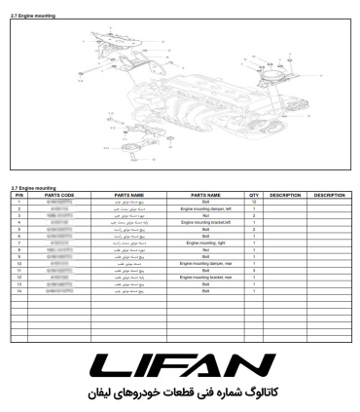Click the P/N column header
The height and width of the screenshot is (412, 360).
(18, 195)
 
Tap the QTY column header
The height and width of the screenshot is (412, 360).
(253, 195)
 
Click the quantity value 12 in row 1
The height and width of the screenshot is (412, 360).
(253, 202)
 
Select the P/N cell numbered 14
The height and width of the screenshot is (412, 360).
(18, 290)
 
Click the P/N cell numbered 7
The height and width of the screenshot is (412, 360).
(18, 243)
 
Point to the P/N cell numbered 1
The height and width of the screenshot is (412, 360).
(18, 202)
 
